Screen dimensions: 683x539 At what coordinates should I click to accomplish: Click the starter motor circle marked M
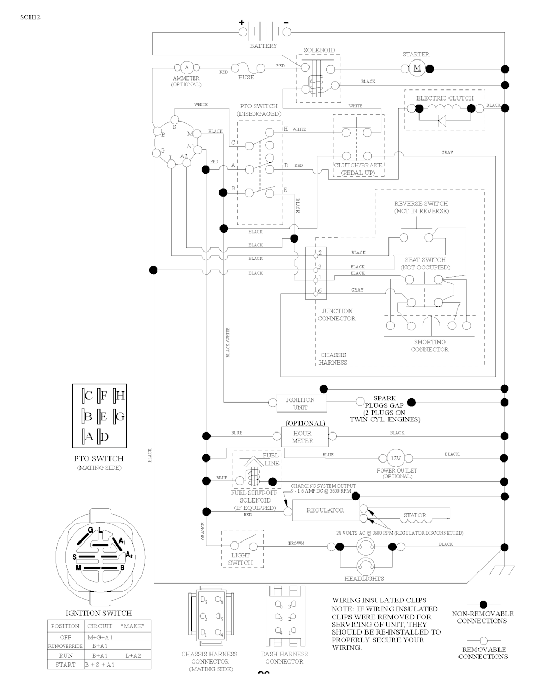(x=417, y=68)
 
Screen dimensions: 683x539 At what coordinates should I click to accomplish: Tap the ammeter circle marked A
(x=186, y=67)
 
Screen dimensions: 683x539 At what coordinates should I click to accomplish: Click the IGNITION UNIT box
(x=301, y=404)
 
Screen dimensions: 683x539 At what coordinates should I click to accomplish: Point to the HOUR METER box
(x=303, y=437)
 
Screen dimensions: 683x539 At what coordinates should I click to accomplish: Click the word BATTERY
(x=263, y=46)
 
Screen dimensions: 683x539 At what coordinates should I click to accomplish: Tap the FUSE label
(x=246, y=77)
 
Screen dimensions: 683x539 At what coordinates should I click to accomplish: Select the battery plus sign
(x=242, y=23)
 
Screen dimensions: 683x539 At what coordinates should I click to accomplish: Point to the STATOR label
(x=415, y=516)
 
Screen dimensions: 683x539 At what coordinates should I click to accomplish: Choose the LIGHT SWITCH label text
(x=241, y=559)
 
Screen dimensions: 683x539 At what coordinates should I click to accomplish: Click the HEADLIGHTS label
(x=364, y=579)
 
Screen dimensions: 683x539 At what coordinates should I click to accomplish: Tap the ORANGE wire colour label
(x=202, y=530)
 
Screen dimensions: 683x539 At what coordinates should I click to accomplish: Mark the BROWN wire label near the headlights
(x=296, y=543)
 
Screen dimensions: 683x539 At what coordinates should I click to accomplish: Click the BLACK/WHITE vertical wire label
(x=228, y=343)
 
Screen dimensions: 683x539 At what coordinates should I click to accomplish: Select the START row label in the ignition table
(x=65, y=665)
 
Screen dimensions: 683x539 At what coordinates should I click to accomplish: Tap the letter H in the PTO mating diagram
(x=120, y=396)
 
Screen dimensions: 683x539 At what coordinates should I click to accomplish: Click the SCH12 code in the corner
(x=30, y=17)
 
